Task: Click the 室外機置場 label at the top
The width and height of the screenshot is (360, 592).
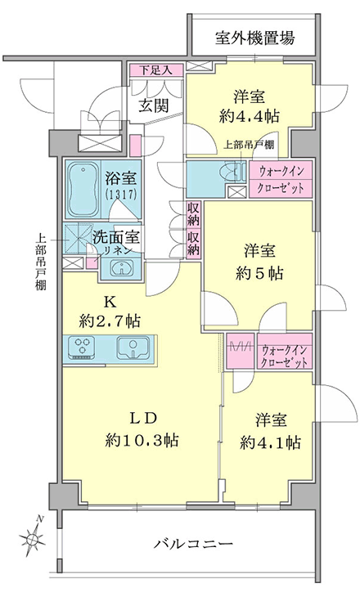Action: (x=254, y=38)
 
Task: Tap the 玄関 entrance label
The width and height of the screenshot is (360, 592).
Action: (x=153, y=106)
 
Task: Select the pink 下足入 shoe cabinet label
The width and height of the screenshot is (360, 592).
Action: (x=155, y=70)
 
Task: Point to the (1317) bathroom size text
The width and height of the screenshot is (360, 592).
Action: (x=121, y=194)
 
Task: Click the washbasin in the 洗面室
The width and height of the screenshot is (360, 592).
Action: (x=121, y=269)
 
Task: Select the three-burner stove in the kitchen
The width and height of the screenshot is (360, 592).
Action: (x=82, y=347)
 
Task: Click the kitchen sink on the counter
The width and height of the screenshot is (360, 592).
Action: (x=133, y=348)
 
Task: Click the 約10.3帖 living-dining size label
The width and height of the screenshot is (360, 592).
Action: (x=142, y=440)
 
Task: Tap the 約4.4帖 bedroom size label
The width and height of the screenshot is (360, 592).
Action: (x=249, y=117)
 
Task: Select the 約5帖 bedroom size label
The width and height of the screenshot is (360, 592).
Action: (x=259, y=273)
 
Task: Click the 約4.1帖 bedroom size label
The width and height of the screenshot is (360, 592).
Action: (x=271, y=442)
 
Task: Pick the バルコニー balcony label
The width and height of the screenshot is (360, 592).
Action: (x=193, y=544)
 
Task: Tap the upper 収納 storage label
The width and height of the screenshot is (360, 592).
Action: (x=193, y=213)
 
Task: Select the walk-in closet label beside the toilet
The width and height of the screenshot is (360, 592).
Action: (x=281, y=180)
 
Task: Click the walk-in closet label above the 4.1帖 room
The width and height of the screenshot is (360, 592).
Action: (x=285, y=357)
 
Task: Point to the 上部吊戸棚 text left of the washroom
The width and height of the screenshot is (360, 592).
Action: (x=41, y=262)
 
